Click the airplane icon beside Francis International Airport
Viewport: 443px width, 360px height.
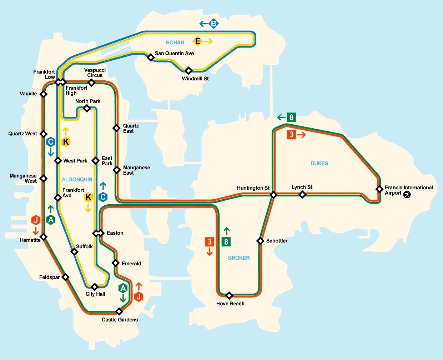click(x=407, y=194)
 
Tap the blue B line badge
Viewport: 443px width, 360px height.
click(x=213, y=24)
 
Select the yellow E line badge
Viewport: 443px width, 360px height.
click(x=197, y=41)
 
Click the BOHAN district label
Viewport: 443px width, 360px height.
click(x=175, y=42)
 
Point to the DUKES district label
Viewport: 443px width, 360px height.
click(x=319, y=163)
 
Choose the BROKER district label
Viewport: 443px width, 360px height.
click(x=239, y=258)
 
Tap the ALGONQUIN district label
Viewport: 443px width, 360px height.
click(x=77, y=180)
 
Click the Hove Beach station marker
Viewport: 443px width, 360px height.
click(x=230, y=295)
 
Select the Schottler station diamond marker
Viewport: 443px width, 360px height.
click(x=261, y=241)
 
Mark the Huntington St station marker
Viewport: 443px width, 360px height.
click(x=273, y=195)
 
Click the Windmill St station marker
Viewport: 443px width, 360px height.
click(x=188, y=70)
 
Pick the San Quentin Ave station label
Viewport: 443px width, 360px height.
click(x=174, y=53)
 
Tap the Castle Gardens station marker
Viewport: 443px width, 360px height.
click(x=119, y=311)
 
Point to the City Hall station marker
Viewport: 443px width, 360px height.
click(x=95, y=287)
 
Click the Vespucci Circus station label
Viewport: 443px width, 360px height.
click(x=95, y=72)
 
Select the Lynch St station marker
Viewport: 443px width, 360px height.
click(x=302, y=195)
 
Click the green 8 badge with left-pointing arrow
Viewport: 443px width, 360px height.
click(x=292, y=117)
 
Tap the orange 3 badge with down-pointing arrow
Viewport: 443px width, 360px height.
click(x=210, y=242)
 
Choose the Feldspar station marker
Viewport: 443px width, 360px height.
click(x=65, y=277)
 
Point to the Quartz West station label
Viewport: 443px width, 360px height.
click(x=23, y=134)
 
